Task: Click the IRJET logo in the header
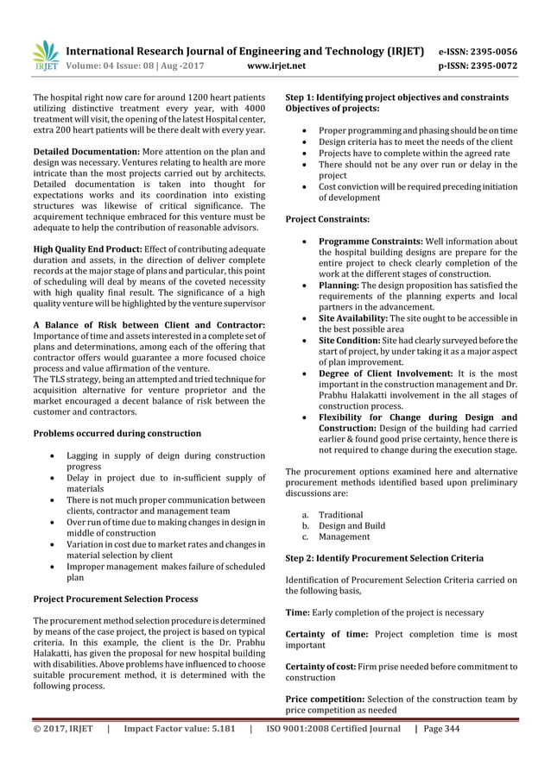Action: tap(45, 54)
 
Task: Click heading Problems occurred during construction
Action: tap(117, 433)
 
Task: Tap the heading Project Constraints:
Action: tap(327, 220)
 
